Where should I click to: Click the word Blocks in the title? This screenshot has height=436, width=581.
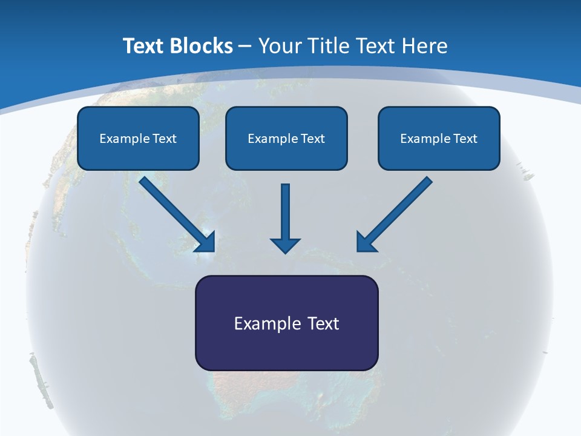point(202,46)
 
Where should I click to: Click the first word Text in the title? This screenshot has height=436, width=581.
point(145,46)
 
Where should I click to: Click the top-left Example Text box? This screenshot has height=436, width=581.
point(138,138)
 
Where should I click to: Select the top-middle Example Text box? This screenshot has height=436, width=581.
point(286,138)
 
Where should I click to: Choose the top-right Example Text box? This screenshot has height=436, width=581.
point(439,138)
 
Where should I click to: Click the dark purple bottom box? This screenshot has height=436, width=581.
point(286,323)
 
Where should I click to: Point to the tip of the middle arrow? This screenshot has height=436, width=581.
point(285,251)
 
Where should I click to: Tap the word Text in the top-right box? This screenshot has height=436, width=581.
point(465,139)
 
